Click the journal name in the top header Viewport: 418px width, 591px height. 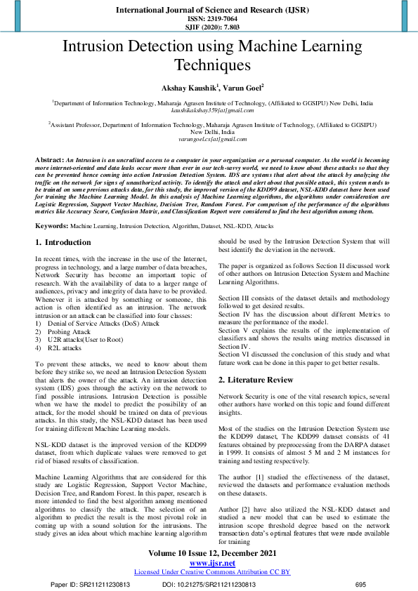click(x=209, y=11)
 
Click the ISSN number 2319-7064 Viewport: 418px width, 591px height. click(x=209, y=20)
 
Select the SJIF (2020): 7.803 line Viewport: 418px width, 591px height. click(x=209, y=27)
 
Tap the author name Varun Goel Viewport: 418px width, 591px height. click(x=242, y=88)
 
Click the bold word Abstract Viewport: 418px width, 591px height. click(x=49, y=161)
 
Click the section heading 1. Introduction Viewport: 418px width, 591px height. click(x=63, y=242)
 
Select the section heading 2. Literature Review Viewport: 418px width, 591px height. click(x=258, y=380)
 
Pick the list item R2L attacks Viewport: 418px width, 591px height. click(x=65, y=347)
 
